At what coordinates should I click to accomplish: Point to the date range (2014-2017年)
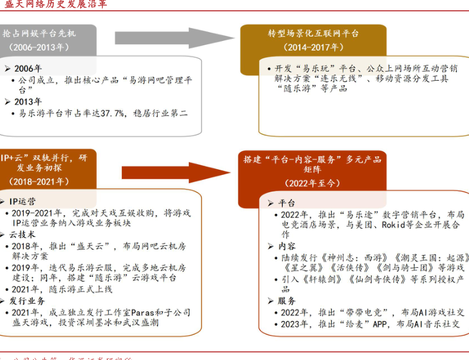[314, 47]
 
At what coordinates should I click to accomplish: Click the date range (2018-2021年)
[38, 182]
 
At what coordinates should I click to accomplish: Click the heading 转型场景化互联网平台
[313, 33]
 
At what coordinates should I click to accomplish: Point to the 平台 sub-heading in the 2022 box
[287, 203]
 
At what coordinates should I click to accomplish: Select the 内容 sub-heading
[287, 247]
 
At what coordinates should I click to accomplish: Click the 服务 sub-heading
[287, 301]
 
